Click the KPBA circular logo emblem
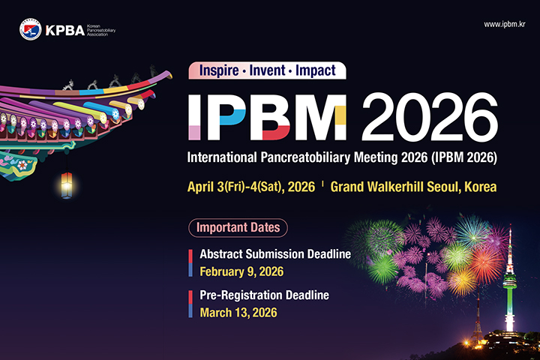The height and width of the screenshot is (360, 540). (x=30, y=30)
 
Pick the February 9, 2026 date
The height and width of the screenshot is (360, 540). (x=241, y=271)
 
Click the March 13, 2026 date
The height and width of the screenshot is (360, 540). (x=238, y=311)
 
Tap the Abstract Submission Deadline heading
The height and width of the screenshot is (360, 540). (x=275, y=254)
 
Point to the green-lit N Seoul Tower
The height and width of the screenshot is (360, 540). (x=510, y=285)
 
